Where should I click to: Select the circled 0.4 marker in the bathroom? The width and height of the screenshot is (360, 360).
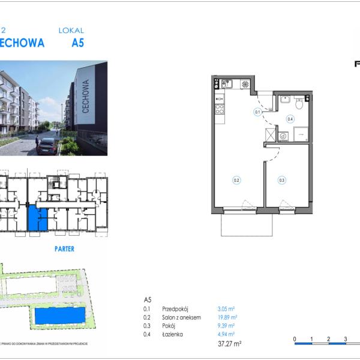(290, 119)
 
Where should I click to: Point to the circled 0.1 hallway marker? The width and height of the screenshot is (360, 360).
(257, 112)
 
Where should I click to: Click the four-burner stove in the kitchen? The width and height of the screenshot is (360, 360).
(220, 109)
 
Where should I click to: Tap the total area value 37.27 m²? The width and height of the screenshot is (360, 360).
(229, 344)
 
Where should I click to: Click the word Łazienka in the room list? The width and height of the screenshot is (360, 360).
(172, 334)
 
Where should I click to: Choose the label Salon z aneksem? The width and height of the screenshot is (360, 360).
(181, 317)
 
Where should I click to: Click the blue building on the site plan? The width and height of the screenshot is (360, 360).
(60, 316)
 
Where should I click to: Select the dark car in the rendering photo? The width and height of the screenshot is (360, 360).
(47, 146)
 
